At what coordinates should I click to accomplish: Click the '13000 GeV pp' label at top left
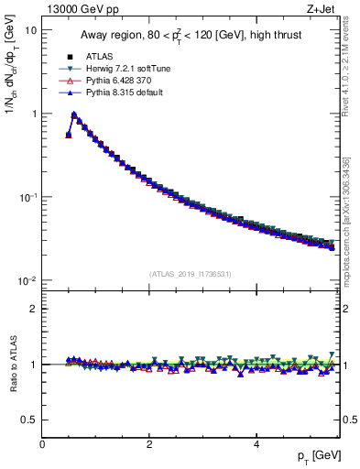(x=75, y=10)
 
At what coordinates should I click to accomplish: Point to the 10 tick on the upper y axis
(x=30, y=30)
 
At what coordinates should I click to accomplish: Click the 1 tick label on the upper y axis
(x=33, y=114)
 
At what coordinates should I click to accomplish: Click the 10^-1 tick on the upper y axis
(x=27, y=198)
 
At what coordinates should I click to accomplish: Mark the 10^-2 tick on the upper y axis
(x=27, y=281)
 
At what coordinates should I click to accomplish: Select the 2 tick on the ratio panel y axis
(x=34, y=309)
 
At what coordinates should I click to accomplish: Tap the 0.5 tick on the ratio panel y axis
(x=29, y=420)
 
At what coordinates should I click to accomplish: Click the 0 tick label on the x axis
(x=42, y=444)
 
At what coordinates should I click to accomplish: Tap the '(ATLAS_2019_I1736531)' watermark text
(x=191, y=273)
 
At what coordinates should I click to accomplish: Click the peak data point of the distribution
(x=74, y=115)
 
